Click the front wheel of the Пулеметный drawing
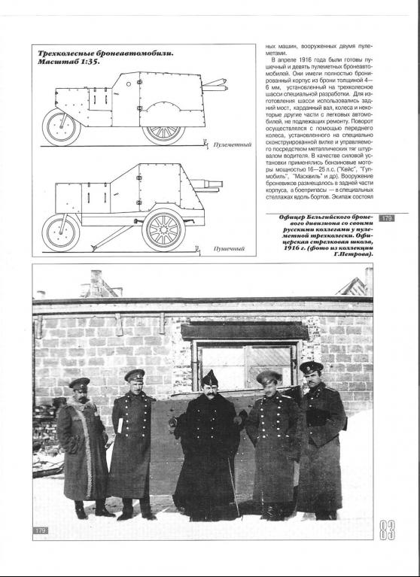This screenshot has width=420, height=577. click(x=61, y=127)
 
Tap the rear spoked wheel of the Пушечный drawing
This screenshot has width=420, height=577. click(x=163, y=230)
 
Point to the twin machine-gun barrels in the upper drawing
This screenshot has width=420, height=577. click(x=215, y=85)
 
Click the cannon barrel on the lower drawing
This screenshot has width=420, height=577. click(x=207, y=184)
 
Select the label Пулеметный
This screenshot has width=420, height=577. click(x=233, y=144)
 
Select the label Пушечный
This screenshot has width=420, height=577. click(x=229, y=249)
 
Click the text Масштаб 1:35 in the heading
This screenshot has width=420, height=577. click(x=68, y=62)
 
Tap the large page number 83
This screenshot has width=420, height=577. click(x=387, y=530)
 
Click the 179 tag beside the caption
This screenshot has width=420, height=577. click(x=386, y=218)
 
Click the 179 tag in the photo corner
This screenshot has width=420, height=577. click(x=41, y=530)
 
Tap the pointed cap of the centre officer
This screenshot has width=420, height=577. click(x=209, y=378)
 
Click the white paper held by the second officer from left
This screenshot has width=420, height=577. click(x=120, y=425)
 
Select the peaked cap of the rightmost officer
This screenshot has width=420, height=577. click(x=311, y=367)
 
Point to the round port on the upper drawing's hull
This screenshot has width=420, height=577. click(x=129, y=84)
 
